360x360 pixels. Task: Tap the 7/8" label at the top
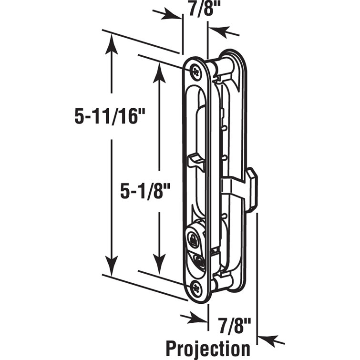point(197,9)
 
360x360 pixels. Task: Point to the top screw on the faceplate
point(196,71)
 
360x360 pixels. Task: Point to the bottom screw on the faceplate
point(197,287)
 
